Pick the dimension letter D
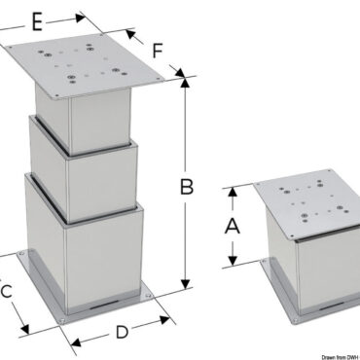tap(123, 332)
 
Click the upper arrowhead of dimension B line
tap(185, 82)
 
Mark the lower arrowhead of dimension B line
tap(185, 288)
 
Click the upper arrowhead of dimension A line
tap(234, 192)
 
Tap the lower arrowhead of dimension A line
tap(234, 263)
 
